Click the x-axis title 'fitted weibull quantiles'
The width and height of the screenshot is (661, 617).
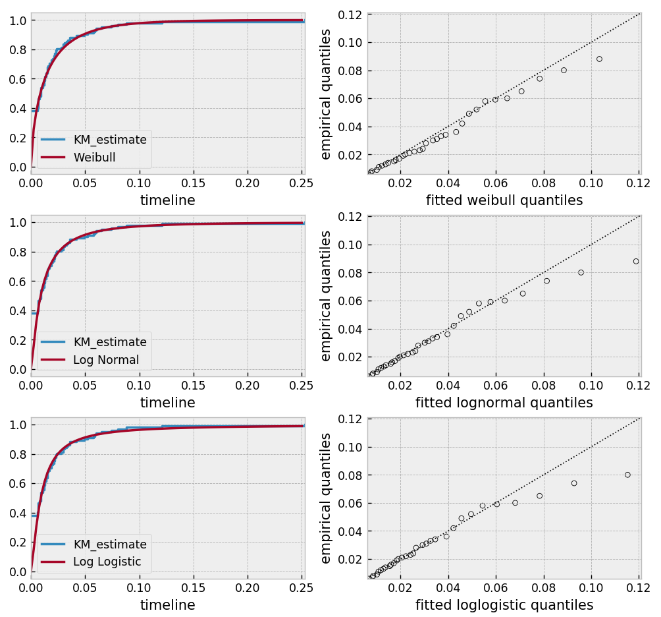point(504,200)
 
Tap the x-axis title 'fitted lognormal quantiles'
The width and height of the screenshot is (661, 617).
point(504,403)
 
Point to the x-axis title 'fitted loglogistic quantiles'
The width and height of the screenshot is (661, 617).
point(504,605)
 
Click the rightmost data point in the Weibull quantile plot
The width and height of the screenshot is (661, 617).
point(599,59)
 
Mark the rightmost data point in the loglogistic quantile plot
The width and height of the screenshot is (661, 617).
point(627,475)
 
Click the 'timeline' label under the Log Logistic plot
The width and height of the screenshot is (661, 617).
point(167,605)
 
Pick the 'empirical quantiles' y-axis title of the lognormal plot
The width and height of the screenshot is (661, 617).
point(325,296)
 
